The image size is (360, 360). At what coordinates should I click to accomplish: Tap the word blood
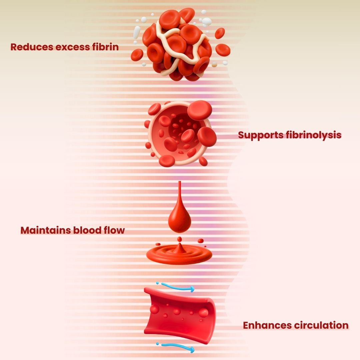(x=89, y=230)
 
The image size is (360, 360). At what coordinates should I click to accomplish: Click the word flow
(x=114, y=230)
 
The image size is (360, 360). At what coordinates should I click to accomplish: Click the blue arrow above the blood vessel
(x=177, y=287)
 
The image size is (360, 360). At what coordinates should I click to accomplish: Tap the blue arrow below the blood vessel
(x=177, y=347)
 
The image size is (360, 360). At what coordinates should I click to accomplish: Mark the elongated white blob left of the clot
(x=137, y=32)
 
